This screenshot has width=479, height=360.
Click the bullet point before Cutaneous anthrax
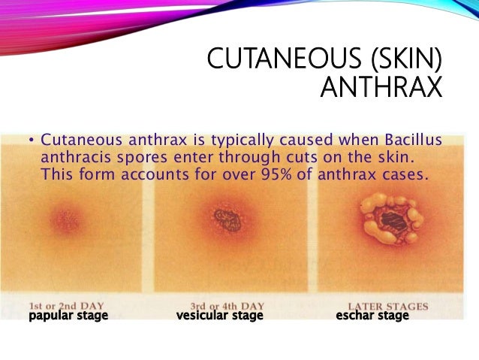[x=32, y=141]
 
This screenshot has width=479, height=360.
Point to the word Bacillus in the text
[x=410, y=141]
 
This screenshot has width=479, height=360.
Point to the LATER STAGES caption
[x=393, y=306]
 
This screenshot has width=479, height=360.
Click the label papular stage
[x=68, y=316]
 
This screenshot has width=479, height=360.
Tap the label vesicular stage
[x=220, y=316]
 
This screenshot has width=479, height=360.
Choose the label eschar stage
[x=372, y=316]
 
